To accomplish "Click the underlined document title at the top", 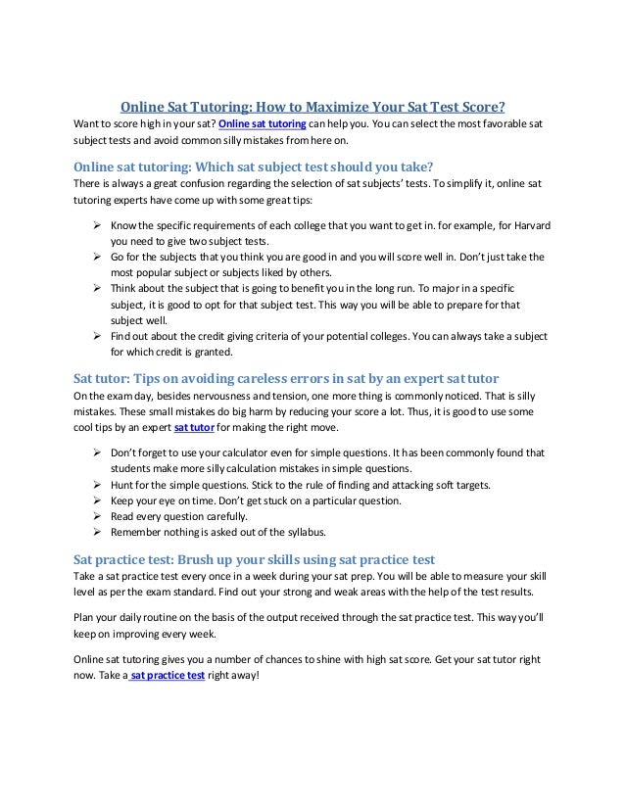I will pos(312,107).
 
